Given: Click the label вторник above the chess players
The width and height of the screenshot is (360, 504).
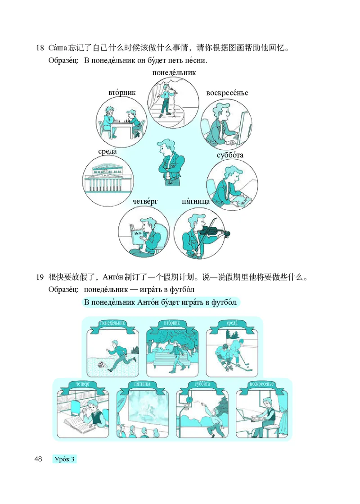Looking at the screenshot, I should [121, 92].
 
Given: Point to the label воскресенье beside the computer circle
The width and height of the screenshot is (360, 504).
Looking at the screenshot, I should [227, 93].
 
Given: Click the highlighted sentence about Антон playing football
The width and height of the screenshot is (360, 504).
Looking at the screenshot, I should [161, 302].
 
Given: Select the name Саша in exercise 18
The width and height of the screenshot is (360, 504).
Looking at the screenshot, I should [57, 48].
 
